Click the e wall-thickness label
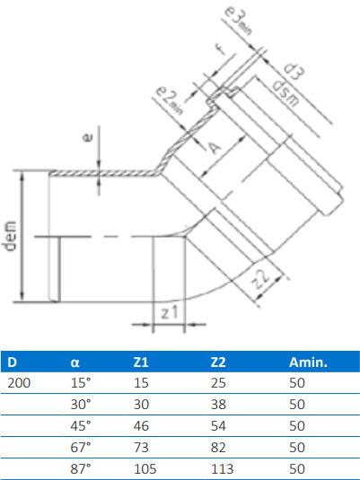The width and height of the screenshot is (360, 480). tap(87, 139)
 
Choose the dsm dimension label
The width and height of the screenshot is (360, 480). tap(279, 92)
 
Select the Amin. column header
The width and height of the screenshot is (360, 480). tap(307, 362)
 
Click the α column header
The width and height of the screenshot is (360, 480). tap(75, 362)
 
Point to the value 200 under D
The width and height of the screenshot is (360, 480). tap(17, 383)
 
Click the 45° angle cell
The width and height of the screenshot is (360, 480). tap(81, 425)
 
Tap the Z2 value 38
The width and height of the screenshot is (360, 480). tap(216, 404)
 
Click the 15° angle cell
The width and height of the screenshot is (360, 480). tap(81, 383)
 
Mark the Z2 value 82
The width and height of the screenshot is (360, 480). tap(216, 447)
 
